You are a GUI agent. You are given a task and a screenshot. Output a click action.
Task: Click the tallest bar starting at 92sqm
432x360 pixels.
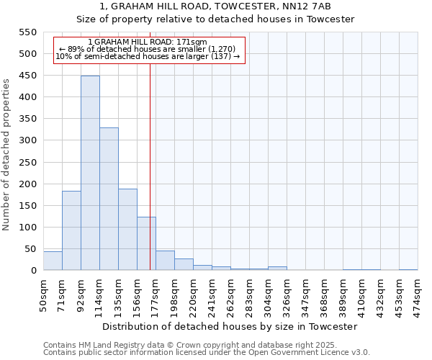click(x=90, y=173)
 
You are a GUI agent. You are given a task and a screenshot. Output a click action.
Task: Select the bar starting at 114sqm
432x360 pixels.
click(x=109, y=199)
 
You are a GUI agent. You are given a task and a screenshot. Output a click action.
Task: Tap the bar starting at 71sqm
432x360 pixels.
click(x=71, y=230)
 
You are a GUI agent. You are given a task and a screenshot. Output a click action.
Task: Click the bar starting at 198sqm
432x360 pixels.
click(x=184, y=264)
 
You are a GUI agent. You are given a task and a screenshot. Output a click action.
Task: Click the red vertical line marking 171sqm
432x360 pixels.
click(x=150, y=180)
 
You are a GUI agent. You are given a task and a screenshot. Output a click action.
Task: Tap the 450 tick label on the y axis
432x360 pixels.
click(x=27, y=76)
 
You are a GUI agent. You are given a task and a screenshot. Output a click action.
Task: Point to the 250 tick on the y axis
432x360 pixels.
click(x=27, y=162)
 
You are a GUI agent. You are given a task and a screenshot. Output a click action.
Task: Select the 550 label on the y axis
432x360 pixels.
click(x=27, y=32)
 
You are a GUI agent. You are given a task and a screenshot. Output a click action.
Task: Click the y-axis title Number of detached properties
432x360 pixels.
click(x=6, y=154)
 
